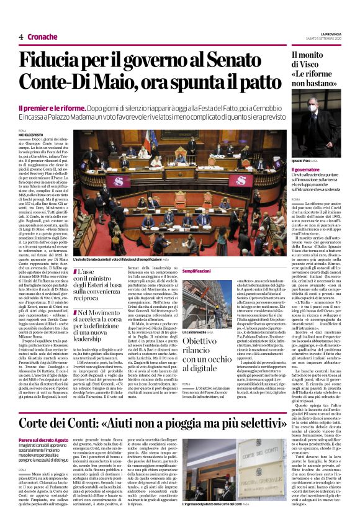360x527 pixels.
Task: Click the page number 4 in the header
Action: click(x=21, y=37)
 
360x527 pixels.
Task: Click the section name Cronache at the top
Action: click(x=42, y=37)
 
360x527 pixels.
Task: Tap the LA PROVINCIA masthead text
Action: click(x=330, y=33)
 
